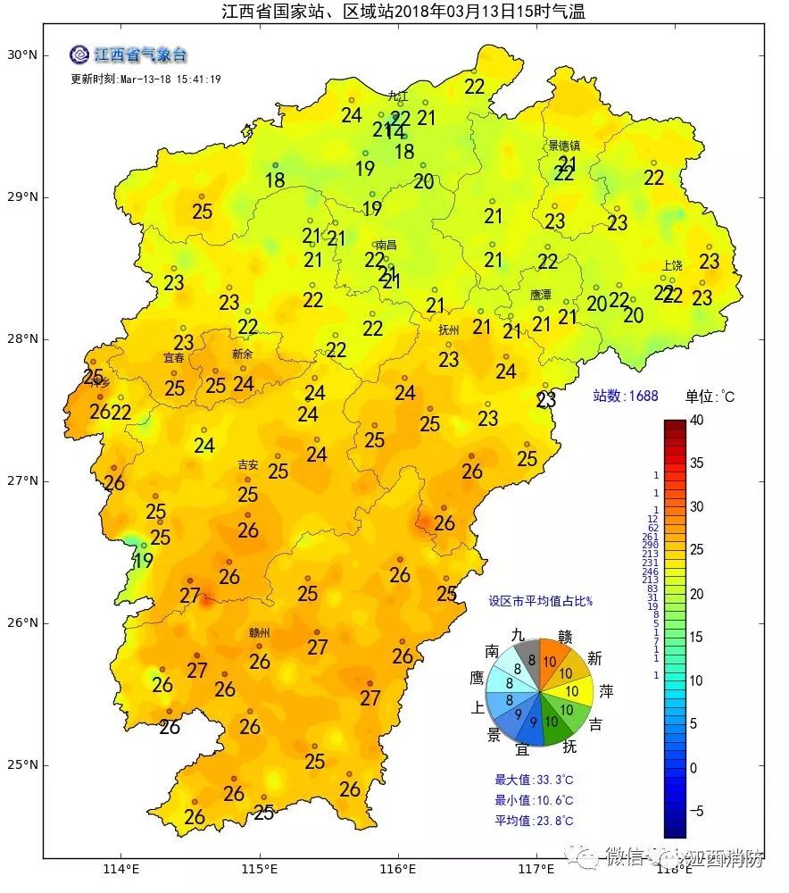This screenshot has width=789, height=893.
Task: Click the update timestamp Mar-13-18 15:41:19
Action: click(x=145, y=79)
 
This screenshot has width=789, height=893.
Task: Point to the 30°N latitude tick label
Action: click(x=21, y=55)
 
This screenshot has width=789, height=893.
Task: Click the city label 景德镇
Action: click(x=563, y=145)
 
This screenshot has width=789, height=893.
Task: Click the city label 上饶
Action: click(x=672, y=266)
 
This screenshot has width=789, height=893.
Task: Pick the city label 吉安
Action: click(x=247, y=464)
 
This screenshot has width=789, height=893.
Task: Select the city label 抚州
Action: click(x=448, y=330)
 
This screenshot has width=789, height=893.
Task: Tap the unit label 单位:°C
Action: click(x=710, y=396)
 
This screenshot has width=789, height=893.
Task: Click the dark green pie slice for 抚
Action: click(x=555, y=729)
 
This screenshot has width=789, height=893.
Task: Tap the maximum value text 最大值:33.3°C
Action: click(x=534, y=779)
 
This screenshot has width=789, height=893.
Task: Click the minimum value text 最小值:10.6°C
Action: click(x=534, y=800)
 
